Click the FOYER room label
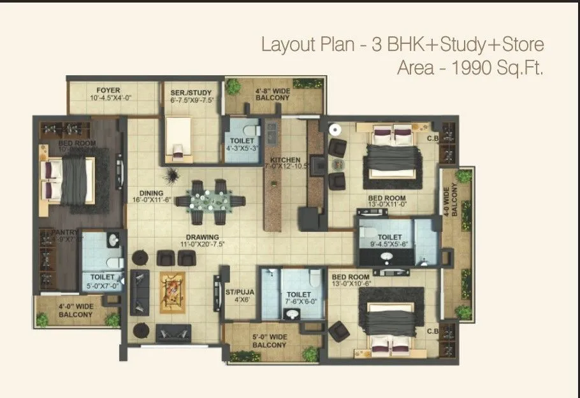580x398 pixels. click(108, 90)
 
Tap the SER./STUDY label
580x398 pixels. click(191, 93)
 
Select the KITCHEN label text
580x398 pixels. click(284, 159)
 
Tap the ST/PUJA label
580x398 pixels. click(239, 292)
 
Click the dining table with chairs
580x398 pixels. click(210, 201)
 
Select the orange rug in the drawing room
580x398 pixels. click(171, 290)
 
